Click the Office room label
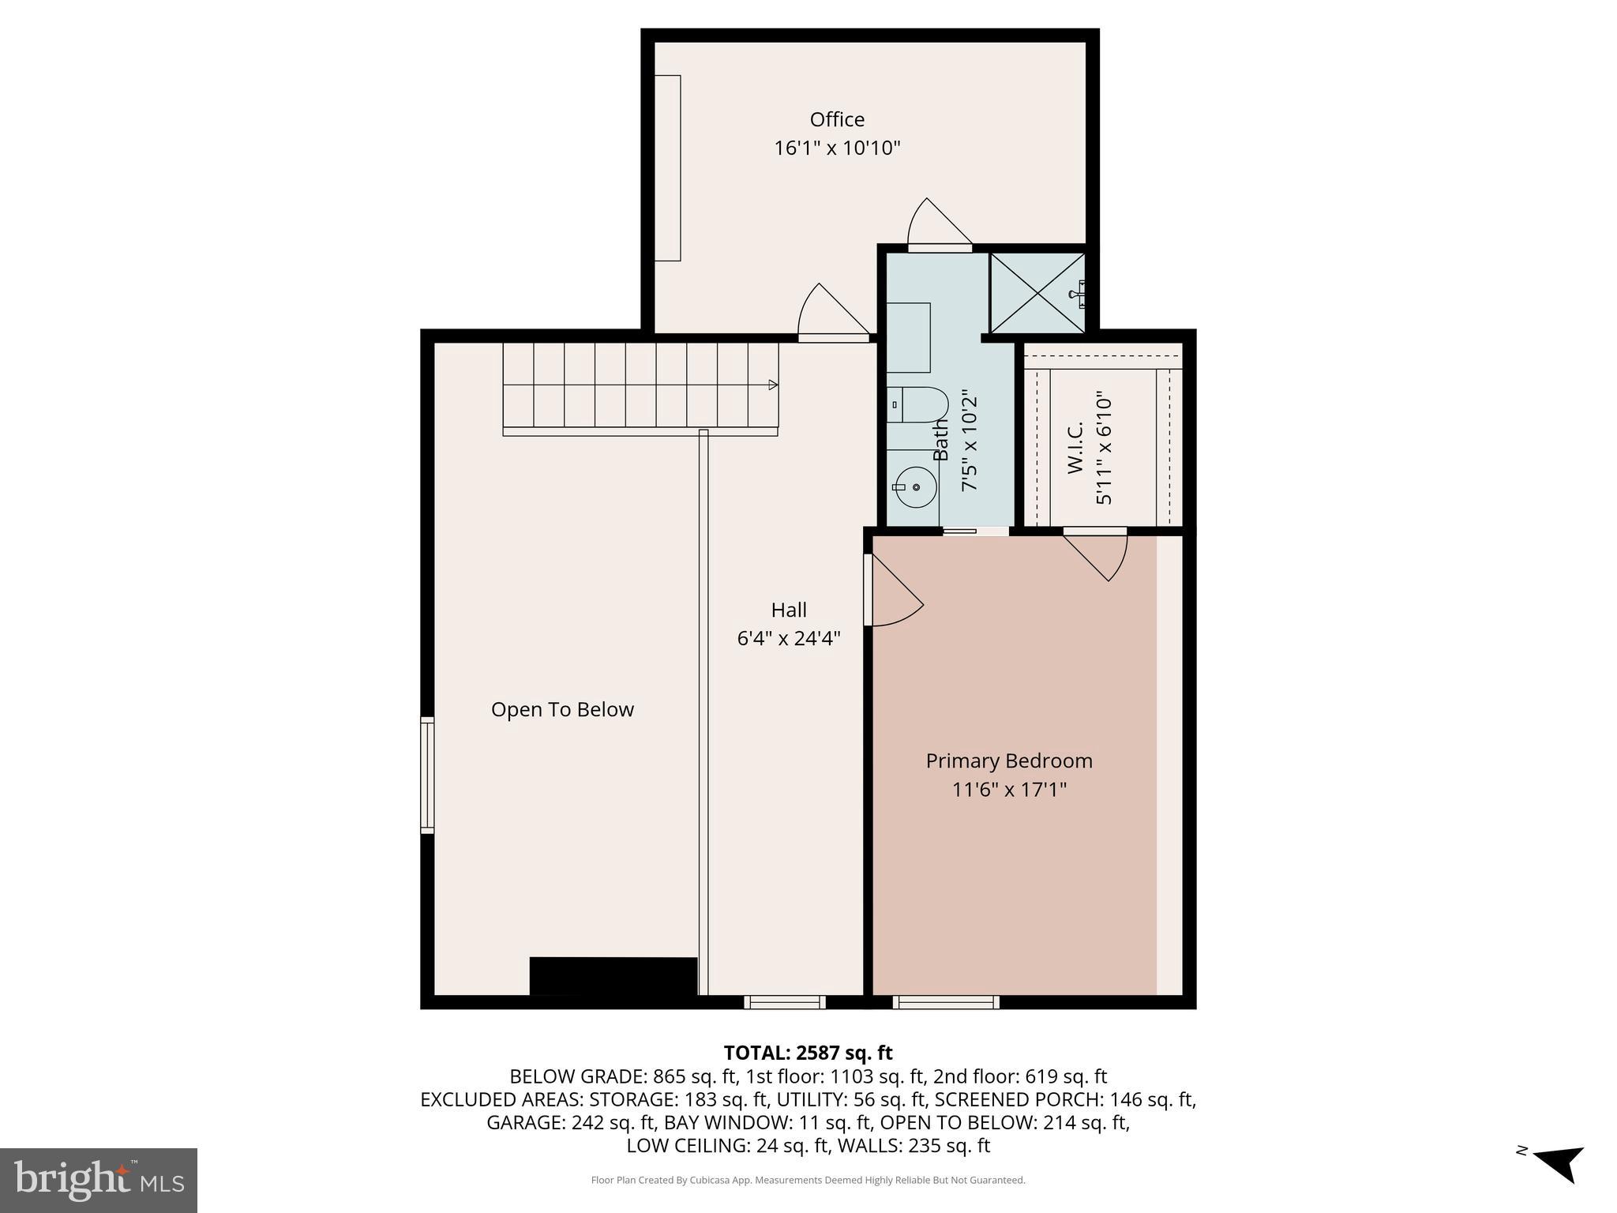837,119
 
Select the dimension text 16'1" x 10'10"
837,148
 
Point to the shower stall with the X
1037,293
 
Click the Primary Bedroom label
1008,760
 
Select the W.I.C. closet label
1075,447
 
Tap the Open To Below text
562,709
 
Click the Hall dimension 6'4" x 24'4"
788,638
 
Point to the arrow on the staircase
773,385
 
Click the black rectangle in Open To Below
613,976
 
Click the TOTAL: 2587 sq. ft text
808,1053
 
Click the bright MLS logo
99,1180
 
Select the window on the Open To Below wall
427,775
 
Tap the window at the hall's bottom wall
784,1002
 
